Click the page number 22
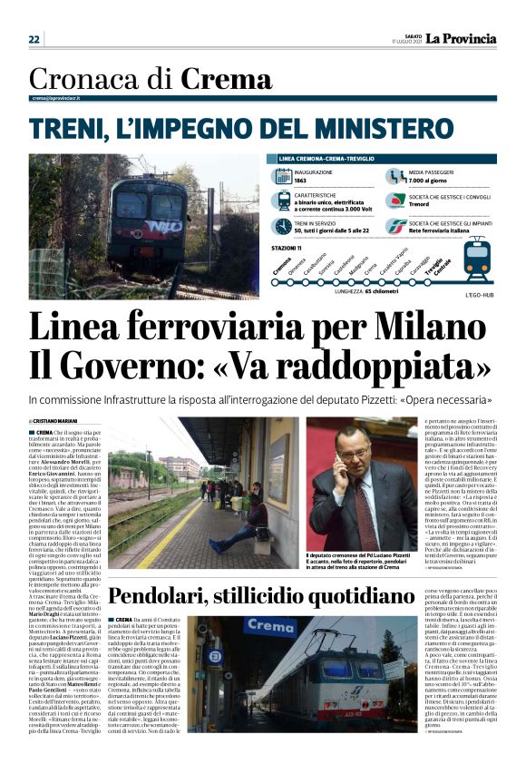click(x=34, y=39)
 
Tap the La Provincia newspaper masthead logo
click(x=463, y=38)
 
